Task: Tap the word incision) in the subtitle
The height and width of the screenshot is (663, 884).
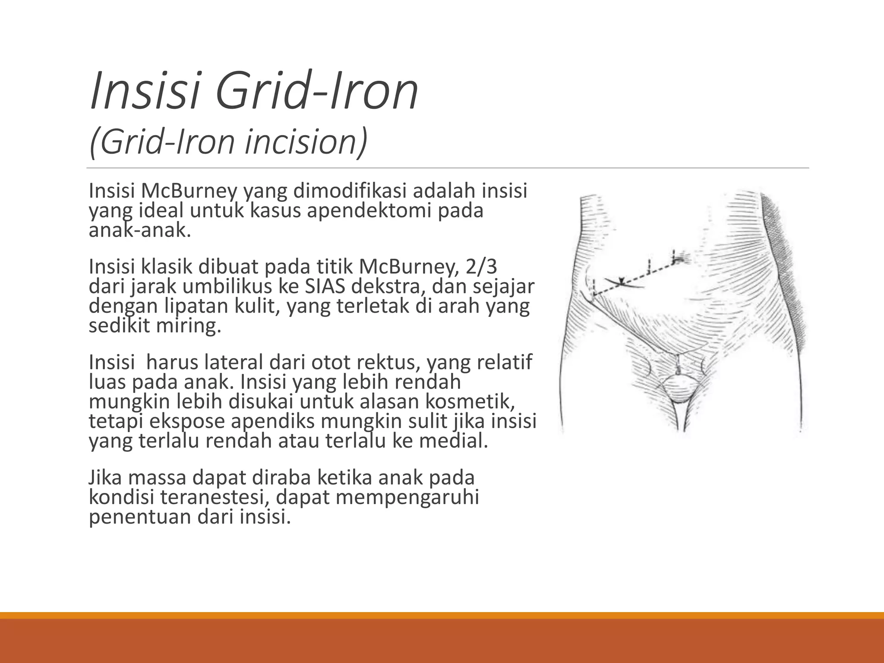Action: coord(306,142)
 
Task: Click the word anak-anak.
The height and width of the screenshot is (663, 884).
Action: coord(139,230)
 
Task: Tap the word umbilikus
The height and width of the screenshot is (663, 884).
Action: coord(226,287)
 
